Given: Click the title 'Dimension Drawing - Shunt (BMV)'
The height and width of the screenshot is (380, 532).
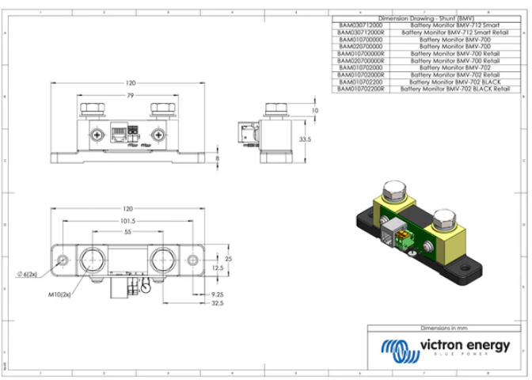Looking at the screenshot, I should click(426, 17).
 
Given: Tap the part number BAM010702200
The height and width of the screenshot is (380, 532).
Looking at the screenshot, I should click(360, 82).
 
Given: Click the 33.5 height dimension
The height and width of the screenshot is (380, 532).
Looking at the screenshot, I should click(304, 139).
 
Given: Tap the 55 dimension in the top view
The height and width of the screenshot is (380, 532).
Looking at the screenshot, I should click(128, 234).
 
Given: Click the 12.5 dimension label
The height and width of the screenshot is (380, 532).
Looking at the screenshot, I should click(217, 268).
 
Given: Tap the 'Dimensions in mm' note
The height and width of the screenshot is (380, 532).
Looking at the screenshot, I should click(446, 327).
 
